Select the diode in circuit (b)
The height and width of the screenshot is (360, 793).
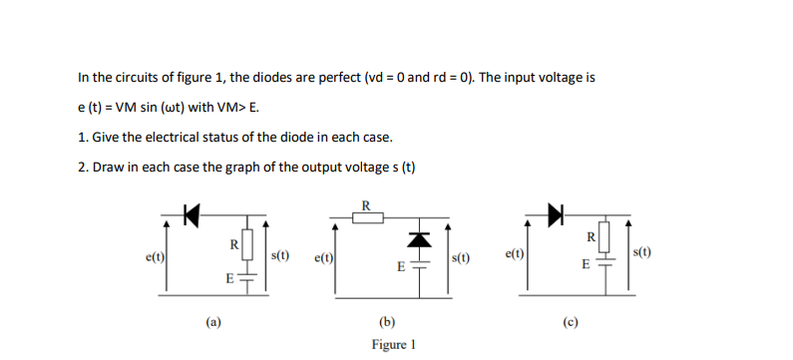[x=420, y=239]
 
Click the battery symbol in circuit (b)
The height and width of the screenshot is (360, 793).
[x=420, y=267]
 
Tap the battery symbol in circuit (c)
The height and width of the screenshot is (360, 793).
[x=603, y=266]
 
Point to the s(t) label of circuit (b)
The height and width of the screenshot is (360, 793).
[x=462, y=259]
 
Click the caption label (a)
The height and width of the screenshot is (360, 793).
[x=212, y=321]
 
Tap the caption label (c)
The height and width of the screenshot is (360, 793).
[x=573, y=321]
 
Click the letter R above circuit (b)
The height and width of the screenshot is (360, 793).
[x=365, y=205]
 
